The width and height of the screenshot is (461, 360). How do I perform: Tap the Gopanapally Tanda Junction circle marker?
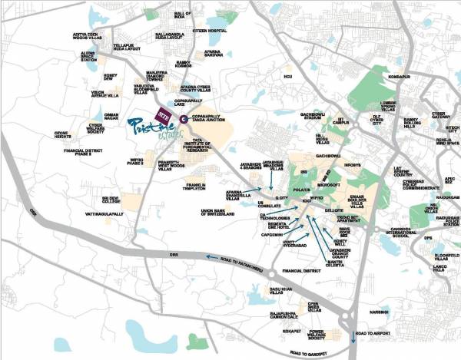coord(184,118)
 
